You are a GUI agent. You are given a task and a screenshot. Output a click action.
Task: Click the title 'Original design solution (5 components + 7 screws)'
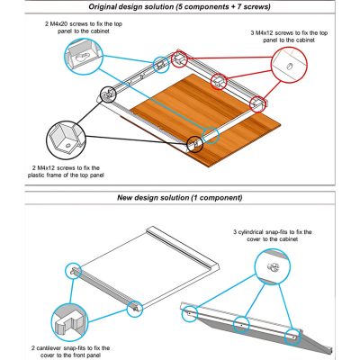coord(179,7)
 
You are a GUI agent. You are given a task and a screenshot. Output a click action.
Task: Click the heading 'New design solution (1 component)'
coord(179,198)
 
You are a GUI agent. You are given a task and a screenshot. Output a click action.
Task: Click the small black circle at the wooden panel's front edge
coord(193,143)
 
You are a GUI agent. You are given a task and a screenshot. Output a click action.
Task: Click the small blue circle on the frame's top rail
coord(161,63)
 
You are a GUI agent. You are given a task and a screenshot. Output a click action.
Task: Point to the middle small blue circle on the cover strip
coord(242,325)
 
